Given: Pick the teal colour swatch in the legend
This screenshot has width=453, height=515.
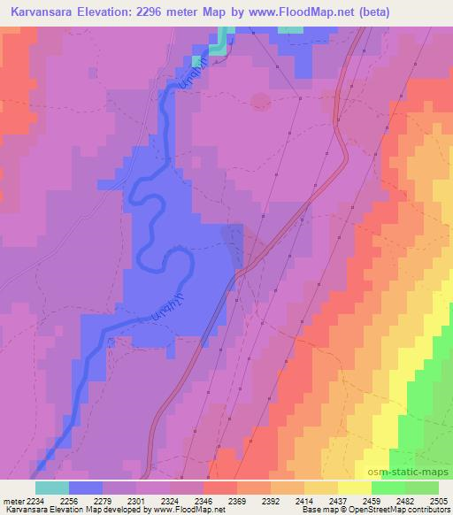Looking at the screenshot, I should click(51, 488).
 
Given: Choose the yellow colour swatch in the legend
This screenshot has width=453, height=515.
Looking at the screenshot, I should click(354, 488).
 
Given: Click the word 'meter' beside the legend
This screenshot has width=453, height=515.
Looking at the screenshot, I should click(13, 500).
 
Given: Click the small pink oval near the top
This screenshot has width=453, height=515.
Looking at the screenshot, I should click(260, 101).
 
